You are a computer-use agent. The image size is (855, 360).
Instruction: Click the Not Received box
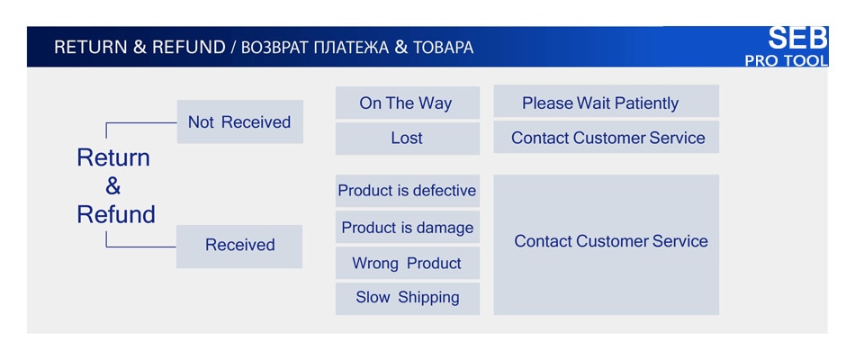pyautogui.click(x=240, y=121)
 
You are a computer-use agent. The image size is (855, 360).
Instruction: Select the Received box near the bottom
pyautogui.click(x=239, y=247)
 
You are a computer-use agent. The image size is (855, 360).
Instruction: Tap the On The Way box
pyautogui.click(x=408, y=103)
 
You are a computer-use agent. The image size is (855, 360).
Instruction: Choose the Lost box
pyautogui.click(x=408, y=139)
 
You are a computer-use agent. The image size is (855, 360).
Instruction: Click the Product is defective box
pyautogui.click(x=408, y=191)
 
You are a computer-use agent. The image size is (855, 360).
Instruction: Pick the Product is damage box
pyautogui.click(x=408, y=227)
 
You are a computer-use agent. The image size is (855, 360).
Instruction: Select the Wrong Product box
pyautogui.click(x=408, y=263)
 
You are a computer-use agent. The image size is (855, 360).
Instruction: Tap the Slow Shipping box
pyautogui.click(x=408, y=299)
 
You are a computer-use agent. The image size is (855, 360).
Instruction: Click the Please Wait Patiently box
pyautogui.click(x=607, y=101)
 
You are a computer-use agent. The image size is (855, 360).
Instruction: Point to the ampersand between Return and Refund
pyautogui.click(x=112, y=186)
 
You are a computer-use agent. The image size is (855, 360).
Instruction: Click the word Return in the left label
pyautogui.click(x=113, y=157)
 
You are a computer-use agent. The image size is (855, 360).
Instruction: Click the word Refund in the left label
pyautogui.click(x=116, y=214)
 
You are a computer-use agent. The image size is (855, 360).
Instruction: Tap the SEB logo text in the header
pyautogui.click(x=797, y=38)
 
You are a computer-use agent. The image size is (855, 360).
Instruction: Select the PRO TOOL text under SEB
pyautogui.click(x=787, y=60)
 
